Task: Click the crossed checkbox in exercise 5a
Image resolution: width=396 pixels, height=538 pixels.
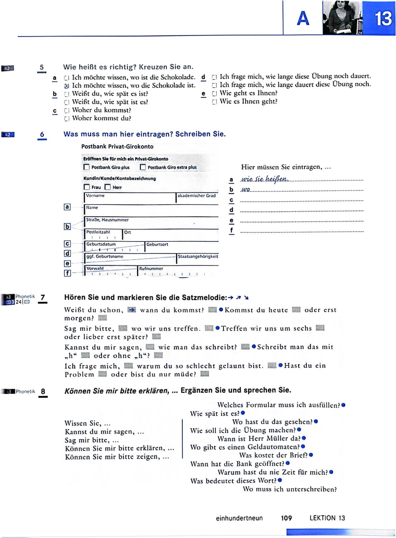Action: [66, 86]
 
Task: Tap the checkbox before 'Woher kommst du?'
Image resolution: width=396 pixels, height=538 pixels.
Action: [66, 118]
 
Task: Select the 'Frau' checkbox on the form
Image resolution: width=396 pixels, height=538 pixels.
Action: [87, 187]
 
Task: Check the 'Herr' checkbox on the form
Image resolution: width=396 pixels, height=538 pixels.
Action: [107, 187]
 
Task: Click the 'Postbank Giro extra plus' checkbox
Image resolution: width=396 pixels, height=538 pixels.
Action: [143, 167]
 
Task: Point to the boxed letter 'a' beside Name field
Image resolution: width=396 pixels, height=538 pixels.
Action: [67, 207]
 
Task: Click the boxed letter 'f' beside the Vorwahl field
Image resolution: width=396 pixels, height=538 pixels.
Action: [67, 273]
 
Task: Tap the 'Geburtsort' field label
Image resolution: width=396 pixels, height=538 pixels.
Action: [157, 244]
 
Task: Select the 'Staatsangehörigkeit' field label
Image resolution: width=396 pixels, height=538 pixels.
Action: [198, 256]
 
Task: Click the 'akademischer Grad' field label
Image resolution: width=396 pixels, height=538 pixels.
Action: [197, 195]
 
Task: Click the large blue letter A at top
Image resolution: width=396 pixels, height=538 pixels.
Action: [303, 18]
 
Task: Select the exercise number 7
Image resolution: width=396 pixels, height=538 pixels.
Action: [43, 297]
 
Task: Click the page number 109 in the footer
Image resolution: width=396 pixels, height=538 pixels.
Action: [286, 518]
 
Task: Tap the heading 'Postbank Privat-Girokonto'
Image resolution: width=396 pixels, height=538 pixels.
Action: [117, 146]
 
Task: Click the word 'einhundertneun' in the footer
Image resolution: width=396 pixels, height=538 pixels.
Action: [239, 518]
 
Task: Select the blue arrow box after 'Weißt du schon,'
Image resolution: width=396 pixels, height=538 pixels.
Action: [132, 310]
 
